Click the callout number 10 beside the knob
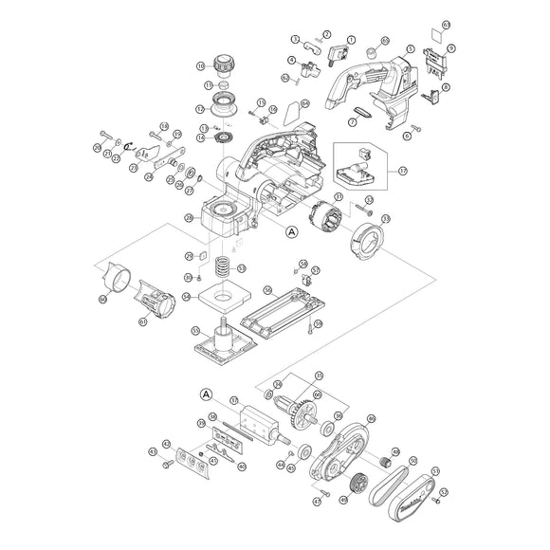pyautogui.click(x=200, y=66)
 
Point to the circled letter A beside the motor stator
pyautogui.click(x=291, y=230)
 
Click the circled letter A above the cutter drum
pyautogui.click(x=206, y=394)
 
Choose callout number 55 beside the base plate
pyautogui.click(x=195, y=332)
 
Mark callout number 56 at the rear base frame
pyautogui.click(x=267, y=290)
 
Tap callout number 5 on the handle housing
pyautogui.click(x=410, y=48)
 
